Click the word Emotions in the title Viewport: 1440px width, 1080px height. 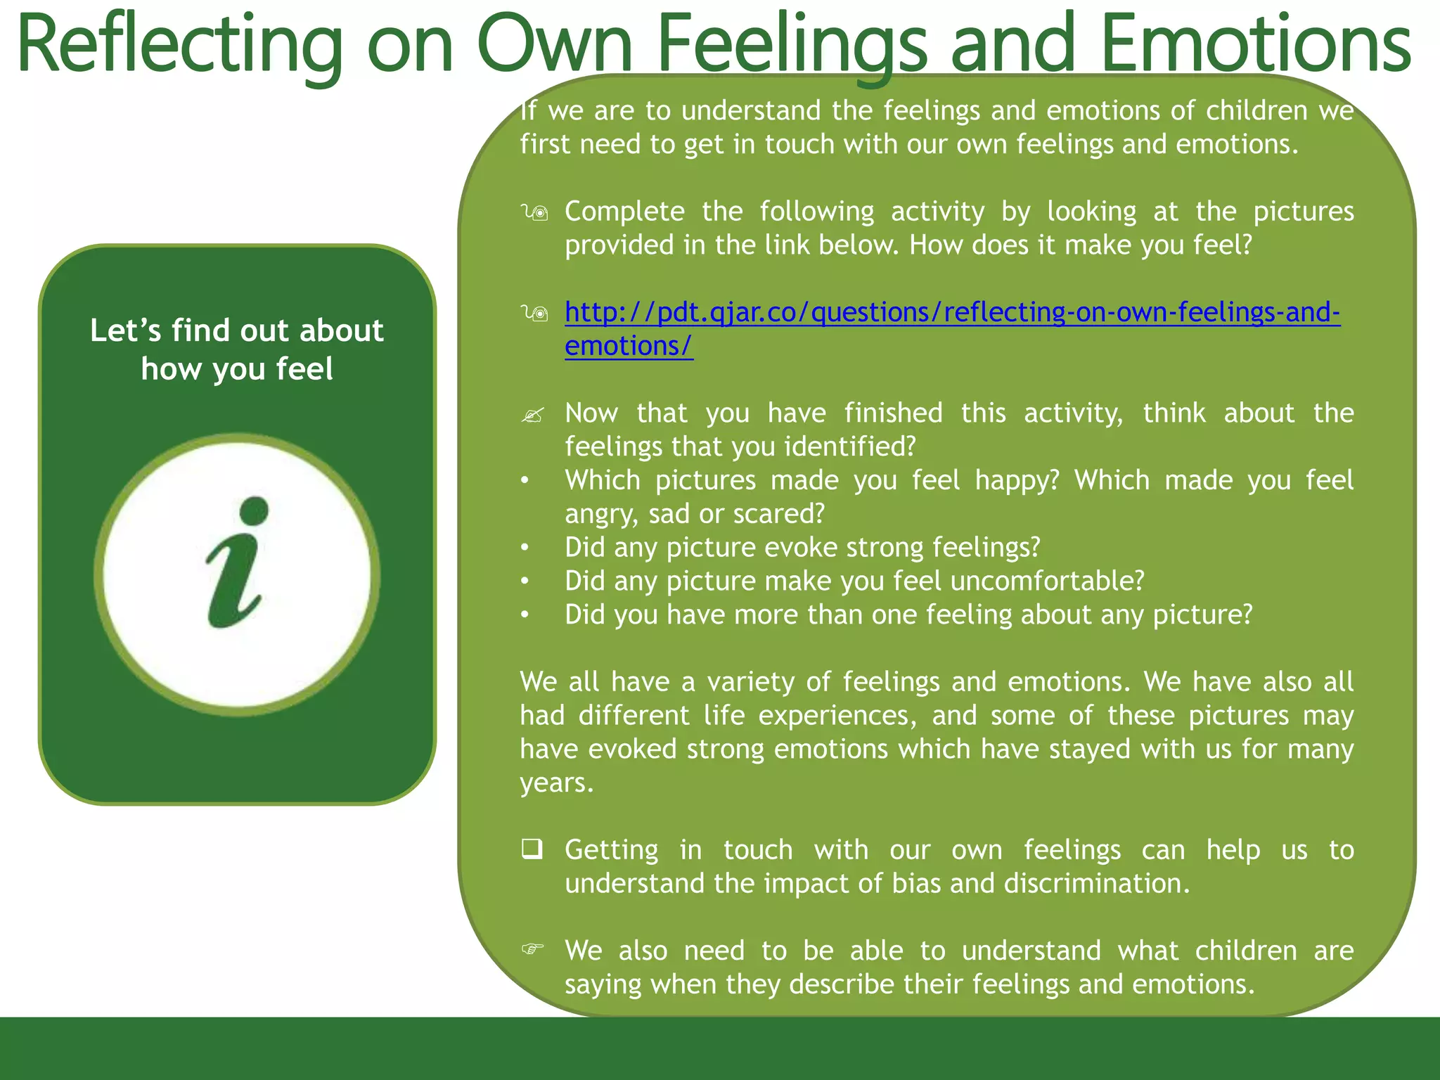(1255, 46)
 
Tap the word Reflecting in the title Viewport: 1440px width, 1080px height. (179, 46)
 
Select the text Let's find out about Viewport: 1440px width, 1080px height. (237, 330)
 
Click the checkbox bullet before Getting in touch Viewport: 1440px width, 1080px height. (532, 849)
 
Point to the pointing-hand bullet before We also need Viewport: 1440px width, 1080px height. (533, 949)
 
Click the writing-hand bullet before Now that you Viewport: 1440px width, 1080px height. (533, 415)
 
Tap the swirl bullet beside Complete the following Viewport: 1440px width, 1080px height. (534, 212)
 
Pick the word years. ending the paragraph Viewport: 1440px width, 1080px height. (557, 783)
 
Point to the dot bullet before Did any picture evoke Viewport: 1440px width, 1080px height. (525, 548)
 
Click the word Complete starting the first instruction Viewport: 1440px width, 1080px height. (624, 212)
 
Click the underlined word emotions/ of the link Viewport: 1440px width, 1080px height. (629, 346)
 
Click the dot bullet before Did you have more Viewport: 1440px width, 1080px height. (525, 615)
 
